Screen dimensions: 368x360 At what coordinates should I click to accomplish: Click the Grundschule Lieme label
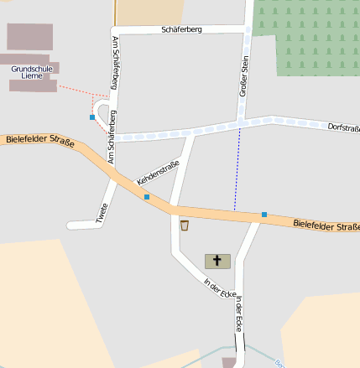click(x=33, y=74)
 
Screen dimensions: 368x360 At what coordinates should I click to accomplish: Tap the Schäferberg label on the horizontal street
click(x=181, y=30)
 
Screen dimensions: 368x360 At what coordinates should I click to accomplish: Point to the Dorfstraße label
click(x=342, y=127)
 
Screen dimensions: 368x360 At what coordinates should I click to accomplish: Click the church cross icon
click(x=217, y=262)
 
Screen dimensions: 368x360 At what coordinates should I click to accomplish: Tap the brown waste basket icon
click(x=185, y=225)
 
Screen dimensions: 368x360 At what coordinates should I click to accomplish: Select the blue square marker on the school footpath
click(x=92, y=117)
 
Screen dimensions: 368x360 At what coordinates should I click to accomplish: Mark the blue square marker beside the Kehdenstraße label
click(x=147, y=197)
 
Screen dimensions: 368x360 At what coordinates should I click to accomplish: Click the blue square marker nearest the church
click(x=264, y=215)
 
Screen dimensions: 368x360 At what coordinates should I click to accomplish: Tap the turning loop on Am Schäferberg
click(x=103, y=116)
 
